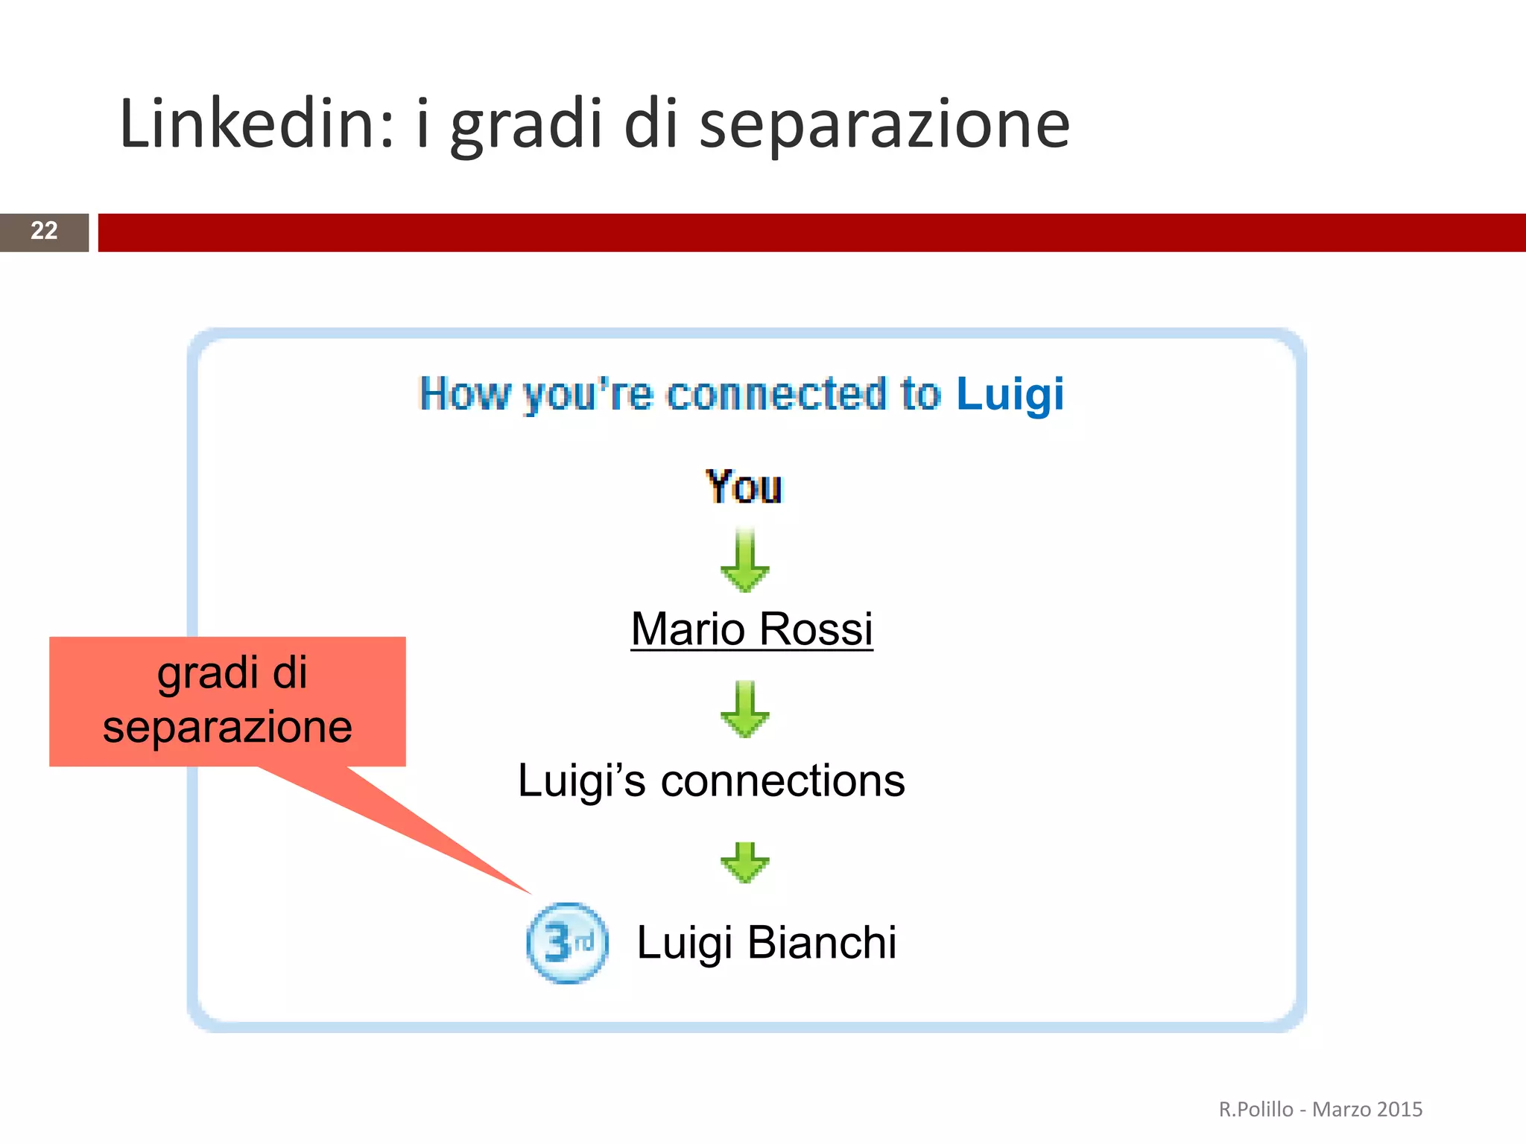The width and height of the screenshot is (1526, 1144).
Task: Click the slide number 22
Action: [x=44, y=231]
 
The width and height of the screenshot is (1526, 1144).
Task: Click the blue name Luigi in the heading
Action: [x=1010, y=394]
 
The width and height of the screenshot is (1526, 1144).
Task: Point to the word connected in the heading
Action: [x=777, y=394]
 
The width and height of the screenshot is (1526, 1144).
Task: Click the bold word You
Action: [x=744, y=487]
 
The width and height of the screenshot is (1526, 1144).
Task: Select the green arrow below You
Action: [x=745, y=562]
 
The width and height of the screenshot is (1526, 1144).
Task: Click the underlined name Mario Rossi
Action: [x=751, y=629]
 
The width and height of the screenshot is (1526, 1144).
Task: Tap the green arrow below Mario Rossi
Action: [x=745, y=710]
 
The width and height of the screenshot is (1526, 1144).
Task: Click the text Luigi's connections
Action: [x=711, y=781]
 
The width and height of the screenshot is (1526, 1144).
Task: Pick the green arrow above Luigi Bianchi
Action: [x=745, y=862]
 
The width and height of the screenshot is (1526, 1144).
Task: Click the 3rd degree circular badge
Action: [x=567, y=943]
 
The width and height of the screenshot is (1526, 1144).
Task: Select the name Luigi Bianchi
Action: [x=766, y=943]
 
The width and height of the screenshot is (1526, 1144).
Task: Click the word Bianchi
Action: [x=821, y=943]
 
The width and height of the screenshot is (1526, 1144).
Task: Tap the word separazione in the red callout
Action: [x=227, y=728]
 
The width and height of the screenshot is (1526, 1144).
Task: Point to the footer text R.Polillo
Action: [x=1256, y=1110]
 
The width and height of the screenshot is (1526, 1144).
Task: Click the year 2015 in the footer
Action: [x=1399, y=1110]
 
